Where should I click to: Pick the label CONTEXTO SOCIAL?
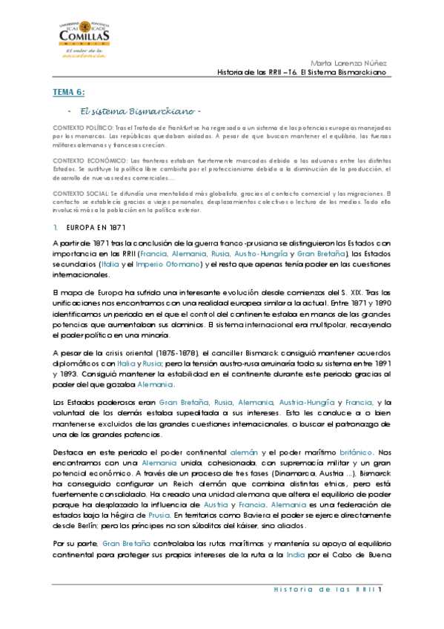pos(80,193)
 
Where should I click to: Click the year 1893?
pos(66,355)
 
